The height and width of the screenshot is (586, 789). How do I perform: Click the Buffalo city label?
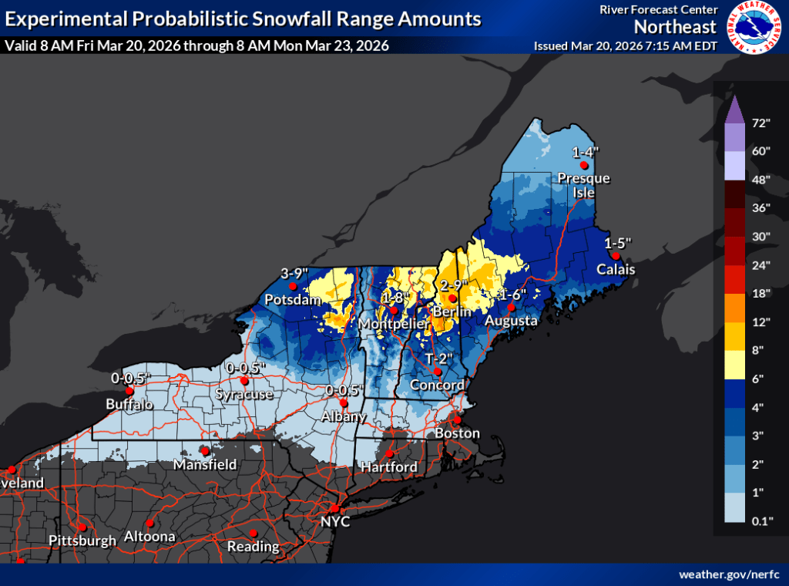[129, 404]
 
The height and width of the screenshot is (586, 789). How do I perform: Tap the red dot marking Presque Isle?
[584, 165]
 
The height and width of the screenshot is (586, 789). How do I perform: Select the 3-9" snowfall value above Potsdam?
[294, 272]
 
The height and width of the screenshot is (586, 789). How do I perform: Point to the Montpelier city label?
[392, 325]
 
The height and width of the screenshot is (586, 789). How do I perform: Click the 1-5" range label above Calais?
[618, 242]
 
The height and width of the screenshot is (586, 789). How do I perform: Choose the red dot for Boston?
[456, 420]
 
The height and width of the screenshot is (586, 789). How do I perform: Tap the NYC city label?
[336, 522]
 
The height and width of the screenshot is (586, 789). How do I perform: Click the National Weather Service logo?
[754, 28]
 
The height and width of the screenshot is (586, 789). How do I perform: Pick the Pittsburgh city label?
[82, 541]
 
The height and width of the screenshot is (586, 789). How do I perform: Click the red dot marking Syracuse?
[244, 380]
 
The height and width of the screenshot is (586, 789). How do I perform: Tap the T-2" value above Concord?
[438, 358]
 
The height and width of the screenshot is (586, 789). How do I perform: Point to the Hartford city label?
[390, 467]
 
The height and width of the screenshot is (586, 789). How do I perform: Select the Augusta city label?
[511, 320]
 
